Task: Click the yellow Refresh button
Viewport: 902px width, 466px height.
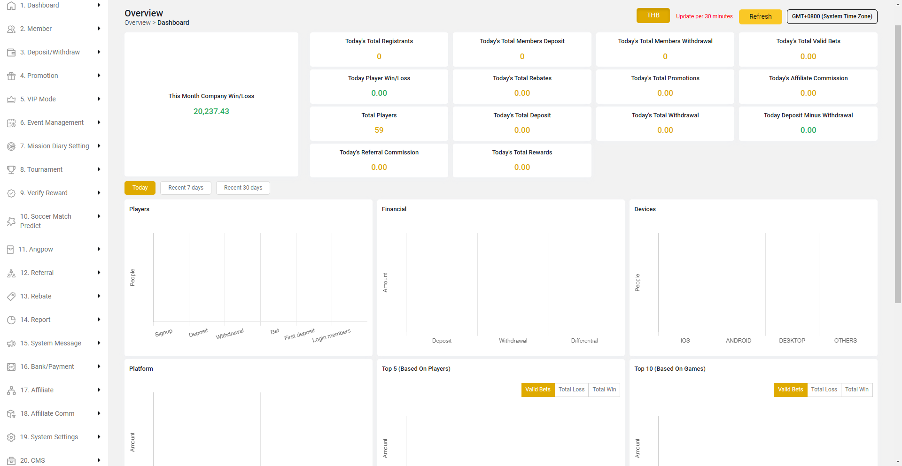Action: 760,16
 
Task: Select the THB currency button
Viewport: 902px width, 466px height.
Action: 653,15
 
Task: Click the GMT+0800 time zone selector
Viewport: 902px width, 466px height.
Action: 832,16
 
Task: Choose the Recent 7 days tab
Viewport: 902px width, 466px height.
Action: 186,188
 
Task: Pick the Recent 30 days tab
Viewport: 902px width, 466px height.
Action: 243,188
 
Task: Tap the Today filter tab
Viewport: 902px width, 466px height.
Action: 140,188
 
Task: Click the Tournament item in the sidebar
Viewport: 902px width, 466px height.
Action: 45,169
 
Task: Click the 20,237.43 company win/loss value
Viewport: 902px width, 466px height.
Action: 211,111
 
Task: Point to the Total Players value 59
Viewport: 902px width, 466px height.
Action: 379,130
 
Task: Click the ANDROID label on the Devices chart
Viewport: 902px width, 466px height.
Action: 739,341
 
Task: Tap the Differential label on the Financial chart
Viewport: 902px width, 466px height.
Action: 584,341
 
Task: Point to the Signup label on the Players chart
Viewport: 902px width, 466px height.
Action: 163,333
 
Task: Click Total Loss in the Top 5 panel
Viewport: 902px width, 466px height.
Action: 571,390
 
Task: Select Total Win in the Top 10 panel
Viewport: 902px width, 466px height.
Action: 856,390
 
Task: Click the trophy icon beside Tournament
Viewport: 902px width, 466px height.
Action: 11,169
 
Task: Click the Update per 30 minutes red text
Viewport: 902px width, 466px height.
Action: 704,16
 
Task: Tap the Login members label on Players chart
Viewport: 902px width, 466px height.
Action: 331,336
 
